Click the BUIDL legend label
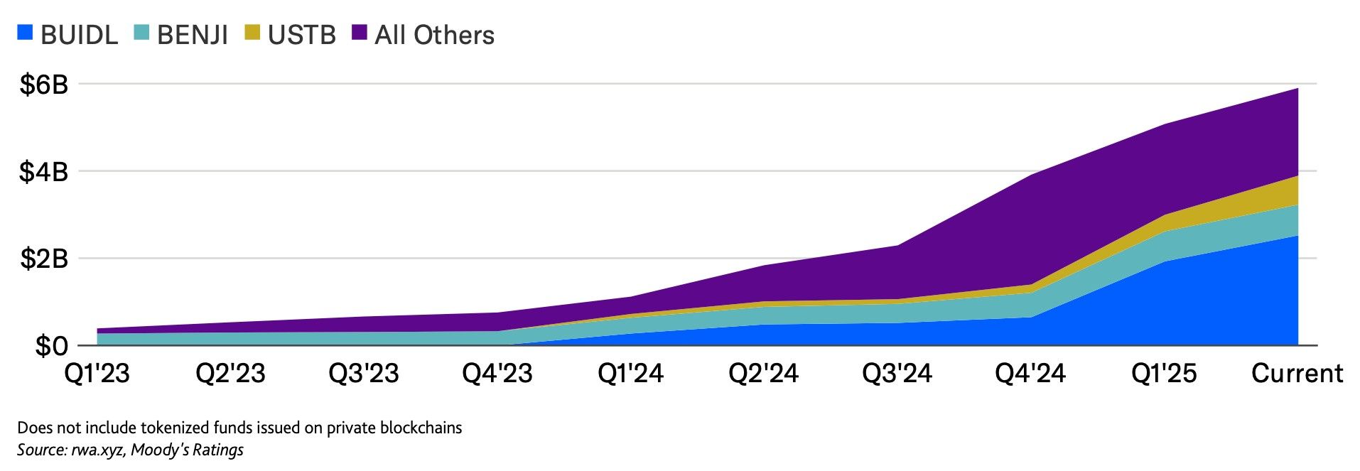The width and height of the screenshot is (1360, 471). (x=79, y=35)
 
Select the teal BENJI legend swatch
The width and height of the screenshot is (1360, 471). (x=142, y=32)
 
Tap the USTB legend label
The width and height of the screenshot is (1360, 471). (x=301, y=35)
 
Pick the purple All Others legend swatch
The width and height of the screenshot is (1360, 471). (x=360, y=32)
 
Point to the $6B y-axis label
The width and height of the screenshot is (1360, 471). (x=44, y=85)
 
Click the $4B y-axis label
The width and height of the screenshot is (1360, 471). (x=44, y=171)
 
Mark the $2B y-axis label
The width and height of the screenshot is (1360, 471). (x=44, y=259)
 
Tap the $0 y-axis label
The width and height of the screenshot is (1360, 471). (x=52, y=346)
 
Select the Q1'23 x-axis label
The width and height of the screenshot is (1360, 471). (x=97, y=373)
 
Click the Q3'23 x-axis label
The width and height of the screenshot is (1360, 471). (x=363, y=373)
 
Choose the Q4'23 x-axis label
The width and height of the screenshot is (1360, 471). (x=497, y=373)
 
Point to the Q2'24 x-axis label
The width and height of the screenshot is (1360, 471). (x=763, y=373)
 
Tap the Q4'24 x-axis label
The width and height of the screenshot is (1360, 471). (x=1030, y=373)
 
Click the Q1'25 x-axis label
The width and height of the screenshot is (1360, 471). (x=1164, y=373)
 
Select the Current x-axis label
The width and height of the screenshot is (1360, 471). (x=1297, y=373)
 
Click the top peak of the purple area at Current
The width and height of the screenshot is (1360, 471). (x=1297, y=89)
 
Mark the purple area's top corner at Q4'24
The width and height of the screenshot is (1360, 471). (x=1030, y=175)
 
